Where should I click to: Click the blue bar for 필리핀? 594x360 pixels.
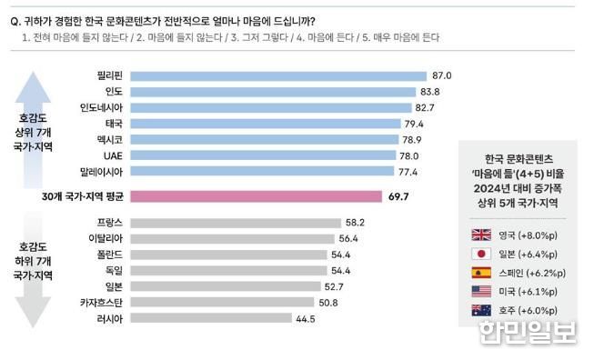click(x=277, y=76)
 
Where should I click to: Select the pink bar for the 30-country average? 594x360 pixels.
click(x=256, y=196)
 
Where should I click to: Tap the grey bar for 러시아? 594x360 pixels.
click(x=210, y=319)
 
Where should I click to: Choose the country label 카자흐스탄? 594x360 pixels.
click(x=101, y=303)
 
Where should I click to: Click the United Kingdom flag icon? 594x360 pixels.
click(x=481, y=235)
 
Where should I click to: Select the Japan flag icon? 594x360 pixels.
click(x=481, y=255)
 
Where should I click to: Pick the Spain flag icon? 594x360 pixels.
click(x=481, y=273)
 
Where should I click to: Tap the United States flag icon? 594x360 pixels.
click(x=481, y=292)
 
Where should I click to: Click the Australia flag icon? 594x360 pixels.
click(x=481, y=310)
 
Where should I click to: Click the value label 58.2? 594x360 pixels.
click(x=355, y=223)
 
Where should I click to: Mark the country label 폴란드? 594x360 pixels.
click(x=107, y=255)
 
